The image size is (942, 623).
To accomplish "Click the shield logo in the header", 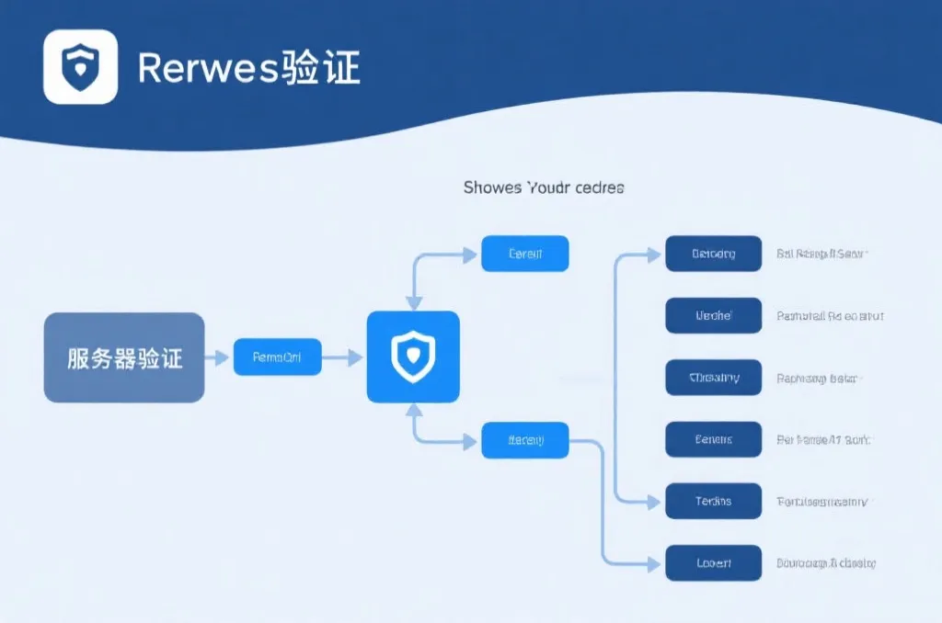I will point(80,66).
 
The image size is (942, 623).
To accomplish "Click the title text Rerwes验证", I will point(248,68).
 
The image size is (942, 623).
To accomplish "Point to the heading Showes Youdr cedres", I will point(543,187).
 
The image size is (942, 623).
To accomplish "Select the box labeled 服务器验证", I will point(124,357).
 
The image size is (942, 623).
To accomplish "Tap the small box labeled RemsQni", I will point(277,357).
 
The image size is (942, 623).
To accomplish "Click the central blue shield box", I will point(413,357).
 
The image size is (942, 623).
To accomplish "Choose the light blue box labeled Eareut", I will point(524,254).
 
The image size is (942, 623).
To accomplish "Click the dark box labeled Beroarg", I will point(713,254).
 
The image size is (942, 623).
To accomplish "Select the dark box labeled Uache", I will point(713,315).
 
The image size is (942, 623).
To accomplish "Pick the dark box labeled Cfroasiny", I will point(713,378).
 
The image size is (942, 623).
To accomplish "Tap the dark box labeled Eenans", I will point(713,439).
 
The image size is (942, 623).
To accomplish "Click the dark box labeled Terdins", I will point(713,501).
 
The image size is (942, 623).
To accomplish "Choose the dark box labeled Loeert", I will point(713,562).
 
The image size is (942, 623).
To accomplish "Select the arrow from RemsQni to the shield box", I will point(344,357).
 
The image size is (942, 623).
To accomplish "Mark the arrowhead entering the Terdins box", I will point(654,502).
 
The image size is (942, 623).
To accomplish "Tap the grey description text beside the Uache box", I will point(830,316).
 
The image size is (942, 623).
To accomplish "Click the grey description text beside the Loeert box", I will point(825,562).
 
